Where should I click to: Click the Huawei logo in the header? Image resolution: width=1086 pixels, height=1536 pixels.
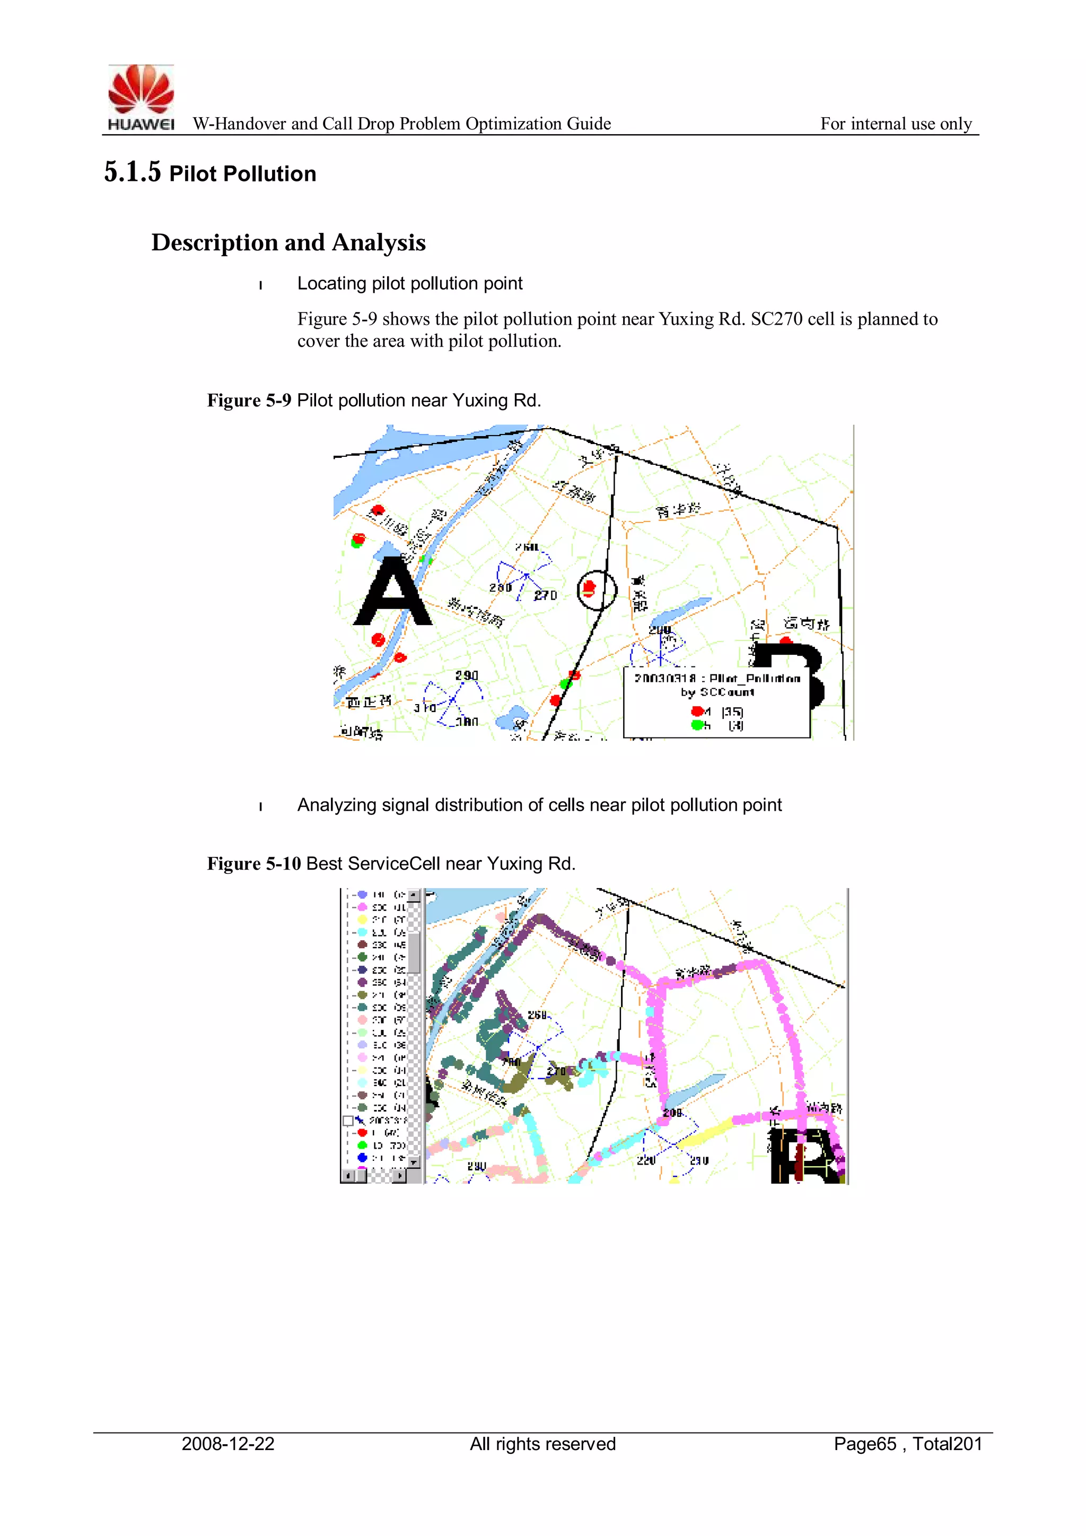(141, 97)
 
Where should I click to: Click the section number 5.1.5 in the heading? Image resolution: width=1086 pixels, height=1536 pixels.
(133, 172)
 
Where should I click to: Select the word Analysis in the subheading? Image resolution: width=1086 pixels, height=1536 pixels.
(379, 242)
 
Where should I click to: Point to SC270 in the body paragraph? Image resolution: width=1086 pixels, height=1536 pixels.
(776, 319)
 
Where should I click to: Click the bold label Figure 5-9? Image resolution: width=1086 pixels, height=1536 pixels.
(249, 400)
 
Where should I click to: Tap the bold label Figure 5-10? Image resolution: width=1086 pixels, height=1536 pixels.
(253, 864)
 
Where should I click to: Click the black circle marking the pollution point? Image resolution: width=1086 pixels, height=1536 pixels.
(597, 590)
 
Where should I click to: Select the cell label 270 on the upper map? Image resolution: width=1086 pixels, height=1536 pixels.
(546, 595)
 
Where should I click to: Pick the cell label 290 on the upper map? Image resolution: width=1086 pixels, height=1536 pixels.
(467, 675)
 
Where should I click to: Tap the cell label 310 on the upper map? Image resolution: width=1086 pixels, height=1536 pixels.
(425, 708)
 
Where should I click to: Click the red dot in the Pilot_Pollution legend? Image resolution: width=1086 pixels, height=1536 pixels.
(697, 710)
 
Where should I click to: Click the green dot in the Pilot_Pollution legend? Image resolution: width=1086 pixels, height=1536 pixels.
(697, 725)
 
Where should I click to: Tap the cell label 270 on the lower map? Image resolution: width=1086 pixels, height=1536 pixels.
(556, 1071)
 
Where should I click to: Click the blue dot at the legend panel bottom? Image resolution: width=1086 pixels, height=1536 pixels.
(362, 1157)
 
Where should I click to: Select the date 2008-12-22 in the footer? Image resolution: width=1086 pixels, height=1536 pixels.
(228, 1444)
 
